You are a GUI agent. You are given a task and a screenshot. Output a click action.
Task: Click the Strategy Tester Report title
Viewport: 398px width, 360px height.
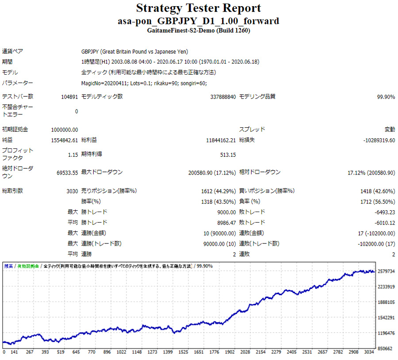(199, 8)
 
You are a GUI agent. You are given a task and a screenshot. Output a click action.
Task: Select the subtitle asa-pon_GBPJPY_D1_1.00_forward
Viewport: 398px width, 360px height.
(199, 21)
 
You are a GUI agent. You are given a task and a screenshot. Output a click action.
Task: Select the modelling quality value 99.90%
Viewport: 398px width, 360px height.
(386, 97)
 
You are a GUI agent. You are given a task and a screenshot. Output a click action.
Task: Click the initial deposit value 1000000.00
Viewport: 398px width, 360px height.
(65, 129)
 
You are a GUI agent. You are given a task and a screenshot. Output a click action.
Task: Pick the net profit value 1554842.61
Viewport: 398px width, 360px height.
(65, 140)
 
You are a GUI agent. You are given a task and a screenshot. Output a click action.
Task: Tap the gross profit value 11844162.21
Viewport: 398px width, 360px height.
(221, 140)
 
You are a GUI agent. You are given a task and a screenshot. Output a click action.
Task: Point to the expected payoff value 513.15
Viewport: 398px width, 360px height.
(228, 155)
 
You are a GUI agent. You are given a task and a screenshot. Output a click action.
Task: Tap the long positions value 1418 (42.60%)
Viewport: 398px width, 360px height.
(378, 191)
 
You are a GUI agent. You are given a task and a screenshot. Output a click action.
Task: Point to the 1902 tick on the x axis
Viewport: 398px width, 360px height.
(230, 352)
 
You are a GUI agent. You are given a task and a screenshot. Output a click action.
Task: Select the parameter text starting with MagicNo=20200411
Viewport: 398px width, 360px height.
(144, 83)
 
